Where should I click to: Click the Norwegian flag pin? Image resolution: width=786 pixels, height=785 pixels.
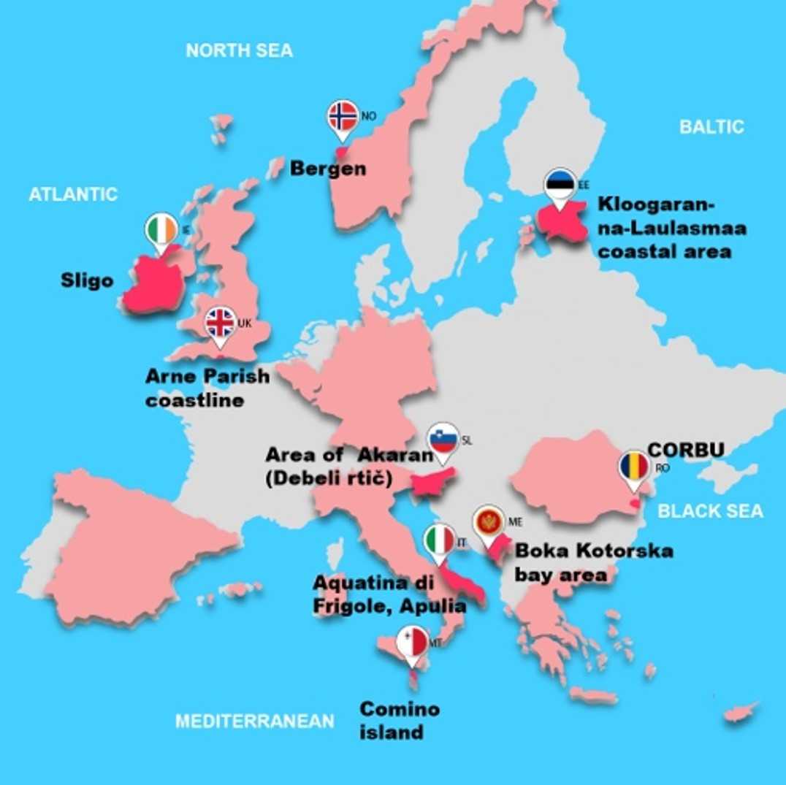point(343,117)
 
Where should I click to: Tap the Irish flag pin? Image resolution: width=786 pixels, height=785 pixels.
point(161,229)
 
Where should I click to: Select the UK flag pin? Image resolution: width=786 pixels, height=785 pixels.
point(220,323)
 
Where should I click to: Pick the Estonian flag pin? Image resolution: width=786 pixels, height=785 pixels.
point(560,185)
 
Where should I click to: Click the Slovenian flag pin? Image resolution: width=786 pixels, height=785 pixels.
point(443,440)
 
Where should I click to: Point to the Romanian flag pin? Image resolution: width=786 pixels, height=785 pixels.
point(633,467)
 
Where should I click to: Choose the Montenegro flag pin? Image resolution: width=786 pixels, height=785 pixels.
point(488,523)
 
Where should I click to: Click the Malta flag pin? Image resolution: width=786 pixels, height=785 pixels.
point(412,643)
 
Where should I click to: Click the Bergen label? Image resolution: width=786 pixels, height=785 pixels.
point(328,169)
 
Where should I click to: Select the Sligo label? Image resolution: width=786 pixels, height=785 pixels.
point(87,280)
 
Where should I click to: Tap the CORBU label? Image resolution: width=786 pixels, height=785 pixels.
point(685,450)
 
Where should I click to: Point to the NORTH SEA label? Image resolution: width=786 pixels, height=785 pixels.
point(239,50)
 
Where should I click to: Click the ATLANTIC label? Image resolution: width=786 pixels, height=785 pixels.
point(73,194)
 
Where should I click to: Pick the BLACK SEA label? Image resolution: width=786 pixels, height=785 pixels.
point(710,510)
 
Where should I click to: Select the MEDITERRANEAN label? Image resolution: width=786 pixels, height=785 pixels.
point(254,721)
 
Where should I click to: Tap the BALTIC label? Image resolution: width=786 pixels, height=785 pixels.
point(711,126)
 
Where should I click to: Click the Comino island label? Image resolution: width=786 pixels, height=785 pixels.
point(400,720)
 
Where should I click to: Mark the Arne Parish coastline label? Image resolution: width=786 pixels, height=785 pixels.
point(207,388)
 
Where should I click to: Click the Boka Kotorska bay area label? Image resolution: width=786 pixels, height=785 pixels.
point(593,562)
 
